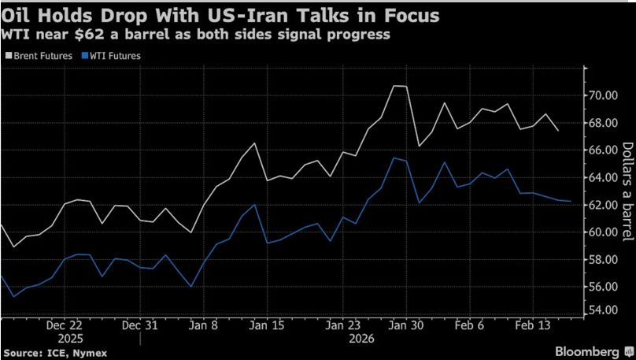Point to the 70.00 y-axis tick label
(607, 95)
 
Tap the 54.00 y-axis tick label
(607, 310)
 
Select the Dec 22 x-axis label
(65, 325)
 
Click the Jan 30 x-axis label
(403, 325)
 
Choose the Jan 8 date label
(204, 325)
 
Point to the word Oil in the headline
(17, 15)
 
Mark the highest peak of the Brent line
(396, 86)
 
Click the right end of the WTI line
(571, 202)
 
